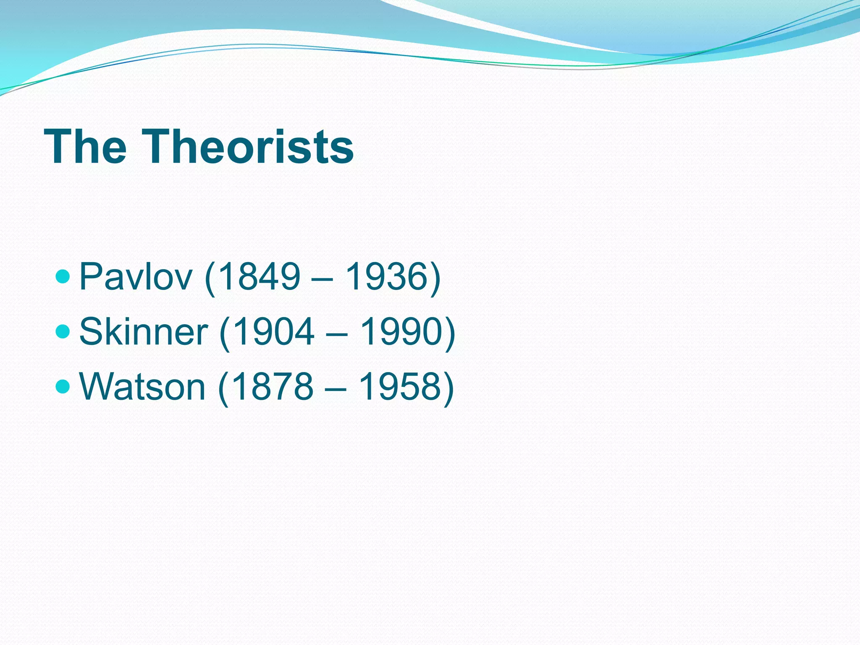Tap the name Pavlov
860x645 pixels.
136,276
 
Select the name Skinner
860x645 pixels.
143,331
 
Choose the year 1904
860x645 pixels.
273,331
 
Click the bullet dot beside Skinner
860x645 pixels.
63,331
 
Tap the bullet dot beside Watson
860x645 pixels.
63,386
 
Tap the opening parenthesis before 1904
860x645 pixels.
225,333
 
